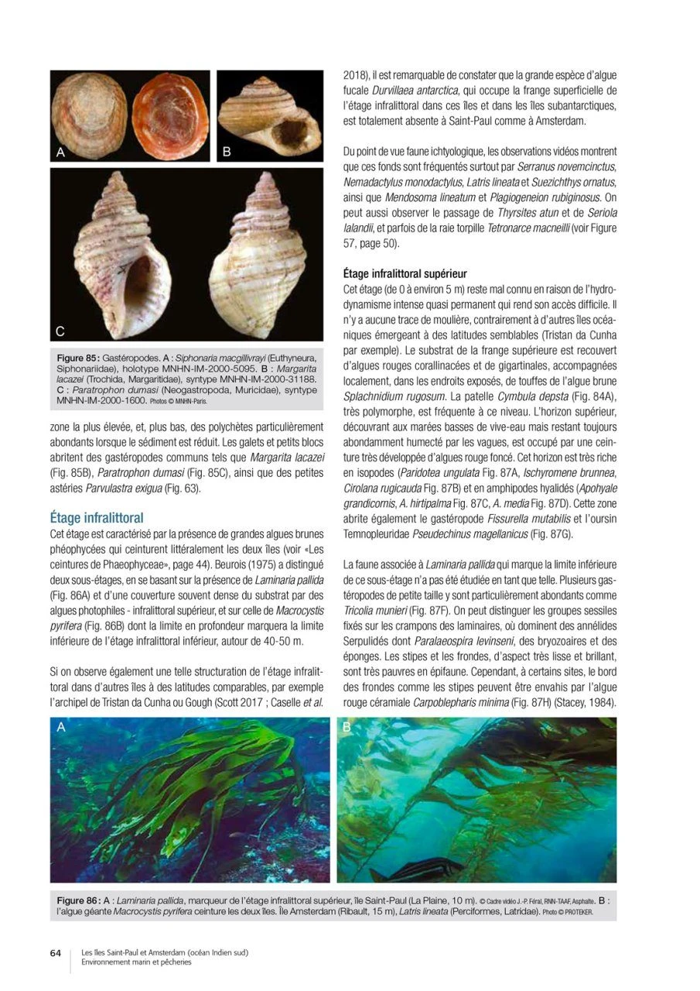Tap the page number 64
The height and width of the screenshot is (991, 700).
point(56,953)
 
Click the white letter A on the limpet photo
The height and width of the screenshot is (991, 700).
point(60,153)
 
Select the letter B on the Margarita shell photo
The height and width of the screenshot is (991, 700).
point(227,153)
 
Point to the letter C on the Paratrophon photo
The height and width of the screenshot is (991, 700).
point(60,332)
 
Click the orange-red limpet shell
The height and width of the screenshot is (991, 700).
point(166,114)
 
